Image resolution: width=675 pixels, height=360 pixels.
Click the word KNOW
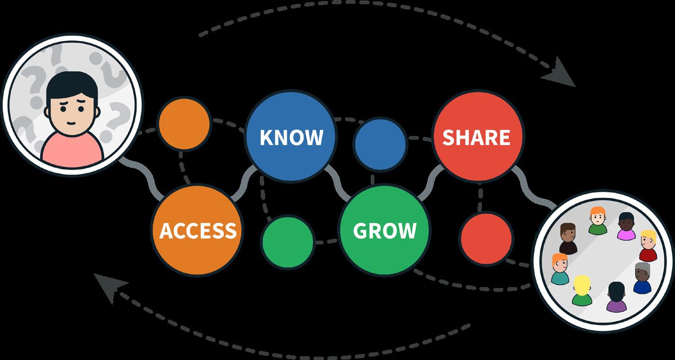291,137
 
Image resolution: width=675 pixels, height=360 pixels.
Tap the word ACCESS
197,230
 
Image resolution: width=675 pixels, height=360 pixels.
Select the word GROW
384,230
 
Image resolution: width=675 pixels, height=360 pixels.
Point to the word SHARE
476,137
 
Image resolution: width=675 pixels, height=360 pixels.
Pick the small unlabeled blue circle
380,144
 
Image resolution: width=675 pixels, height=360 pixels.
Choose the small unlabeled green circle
288,241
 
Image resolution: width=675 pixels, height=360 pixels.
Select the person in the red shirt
648,246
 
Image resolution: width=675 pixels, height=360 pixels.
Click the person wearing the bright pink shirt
626,226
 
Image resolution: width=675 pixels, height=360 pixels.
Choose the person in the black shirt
568,239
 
